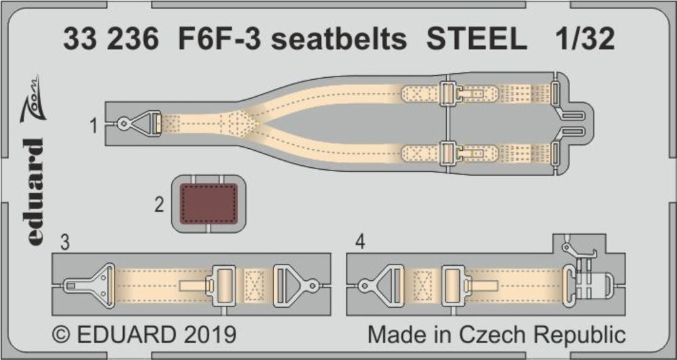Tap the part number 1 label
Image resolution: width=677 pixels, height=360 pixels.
[94, 126]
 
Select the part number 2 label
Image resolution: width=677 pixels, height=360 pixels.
[159, 204]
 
